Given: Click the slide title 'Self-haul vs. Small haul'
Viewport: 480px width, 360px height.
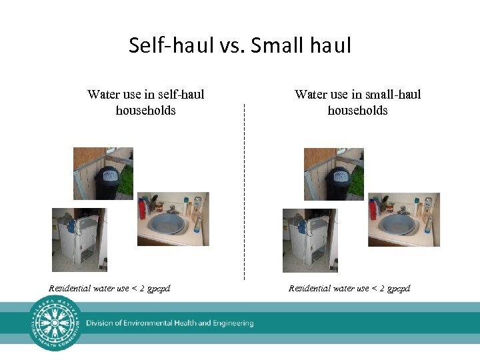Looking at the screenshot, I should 240,45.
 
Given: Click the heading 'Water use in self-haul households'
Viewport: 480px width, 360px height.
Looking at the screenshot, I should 145,102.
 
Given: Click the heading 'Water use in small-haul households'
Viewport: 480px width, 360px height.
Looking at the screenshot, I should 357,102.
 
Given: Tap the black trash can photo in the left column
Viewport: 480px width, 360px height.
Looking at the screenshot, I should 103,173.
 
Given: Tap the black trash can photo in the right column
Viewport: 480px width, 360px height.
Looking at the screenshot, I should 333,173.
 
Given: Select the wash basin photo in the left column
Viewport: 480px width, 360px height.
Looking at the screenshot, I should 173,219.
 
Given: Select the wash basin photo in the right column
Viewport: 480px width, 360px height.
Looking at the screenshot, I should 403,219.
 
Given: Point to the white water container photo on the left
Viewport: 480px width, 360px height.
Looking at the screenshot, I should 79,240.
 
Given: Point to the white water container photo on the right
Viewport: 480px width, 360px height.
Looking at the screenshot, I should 310,240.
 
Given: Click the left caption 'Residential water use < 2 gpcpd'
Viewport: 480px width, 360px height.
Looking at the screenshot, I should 109,289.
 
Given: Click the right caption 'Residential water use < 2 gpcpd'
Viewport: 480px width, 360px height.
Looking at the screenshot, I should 349,289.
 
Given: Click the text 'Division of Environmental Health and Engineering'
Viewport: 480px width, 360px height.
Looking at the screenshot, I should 169,323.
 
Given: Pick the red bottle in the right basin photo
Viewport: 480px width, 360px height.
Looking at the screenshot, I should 373,209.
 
